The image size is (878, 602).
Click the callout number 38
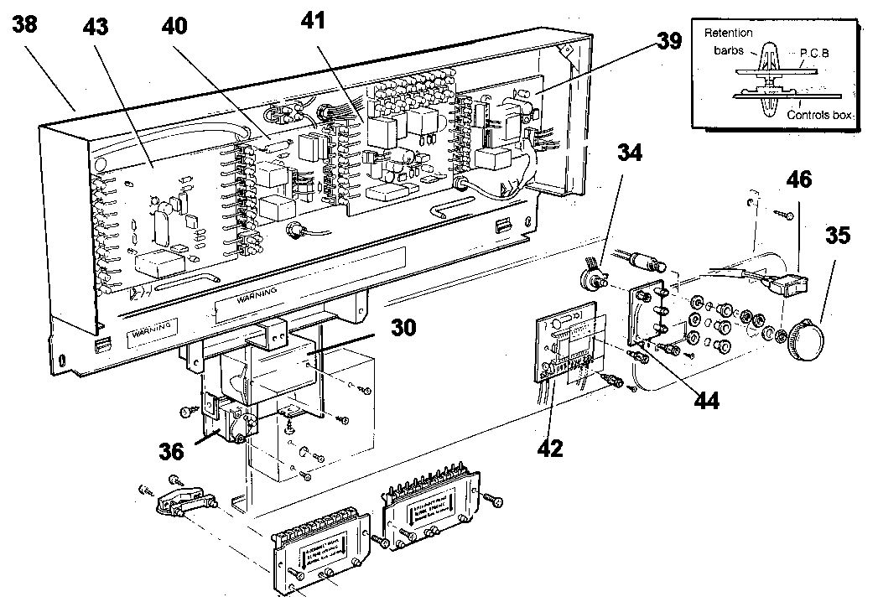pos(24,25)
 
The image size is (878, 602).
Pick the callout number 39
pos(668,41)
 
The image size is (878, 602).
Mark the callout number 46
pos(798,179)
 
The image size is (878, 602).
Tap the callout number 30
pos(403,328)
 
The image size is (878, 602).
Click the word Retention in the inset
pos(728,34)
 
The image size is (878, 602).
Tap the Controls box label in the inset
pos(821,116)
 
